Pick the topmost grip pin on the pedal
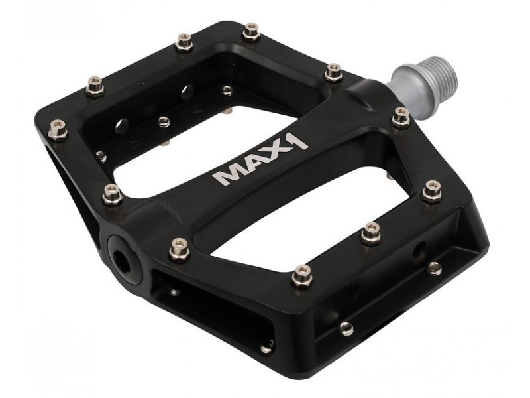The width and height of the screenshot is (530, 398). click(252, 32)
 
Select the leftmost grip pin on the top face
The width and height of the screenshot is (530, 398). click(58, 130)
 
